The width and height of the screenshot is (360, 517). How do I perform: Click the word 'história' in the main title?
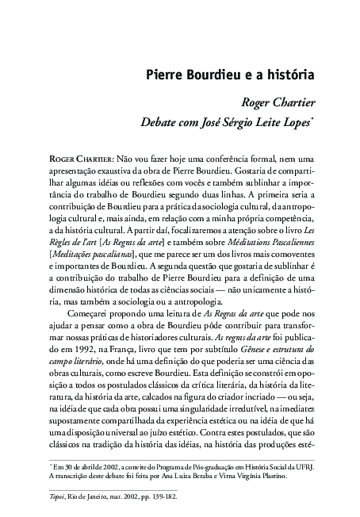[x=289, y=76]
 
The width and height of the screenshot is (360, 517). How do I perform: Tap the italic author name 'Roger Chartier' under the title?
[x=277, y=102]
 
